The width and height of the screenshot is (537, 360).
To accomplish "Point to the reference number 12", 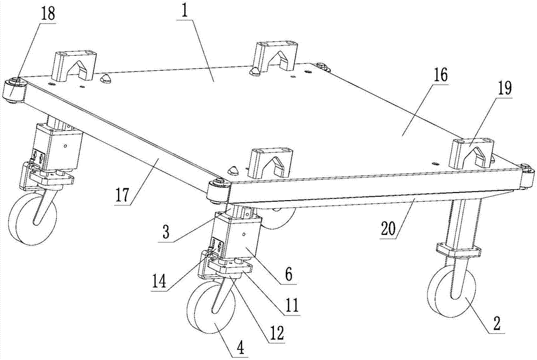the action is coord(277,332).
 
